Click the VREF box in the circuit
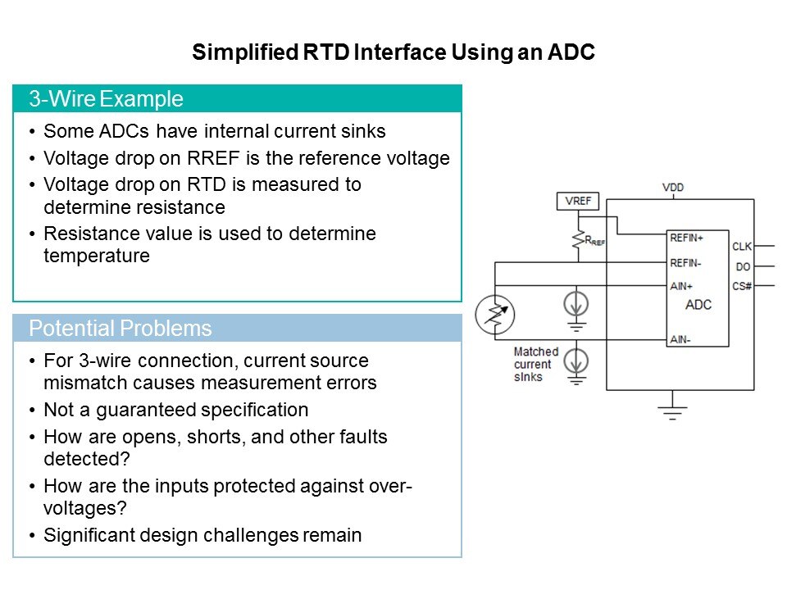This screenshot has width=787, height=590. point(577,201)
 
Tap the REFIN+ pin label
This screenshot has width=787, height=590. point(686,238)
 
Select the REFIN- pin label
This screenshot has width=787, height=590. point(685,262)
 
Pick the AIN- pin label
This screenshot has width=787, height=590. point(679,338)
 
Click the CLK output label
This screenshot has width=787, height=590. point(741,247)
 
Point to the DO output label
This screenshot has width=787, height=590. point(743,266)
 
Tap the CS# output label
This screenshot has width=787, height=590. point(741,286)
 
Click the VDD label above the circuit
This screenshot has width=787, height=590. point(672,188)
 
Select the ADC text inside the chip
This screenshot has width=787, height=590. point(698,305)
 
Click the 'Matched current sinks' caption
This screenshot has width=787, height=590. point(535,364)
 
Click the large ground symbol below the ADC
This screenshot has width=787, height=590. point(672,411)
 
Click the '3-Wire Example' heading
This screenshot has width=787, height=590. point(106,99)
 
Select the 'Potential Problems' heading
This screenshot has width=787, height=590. point(120,329)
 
